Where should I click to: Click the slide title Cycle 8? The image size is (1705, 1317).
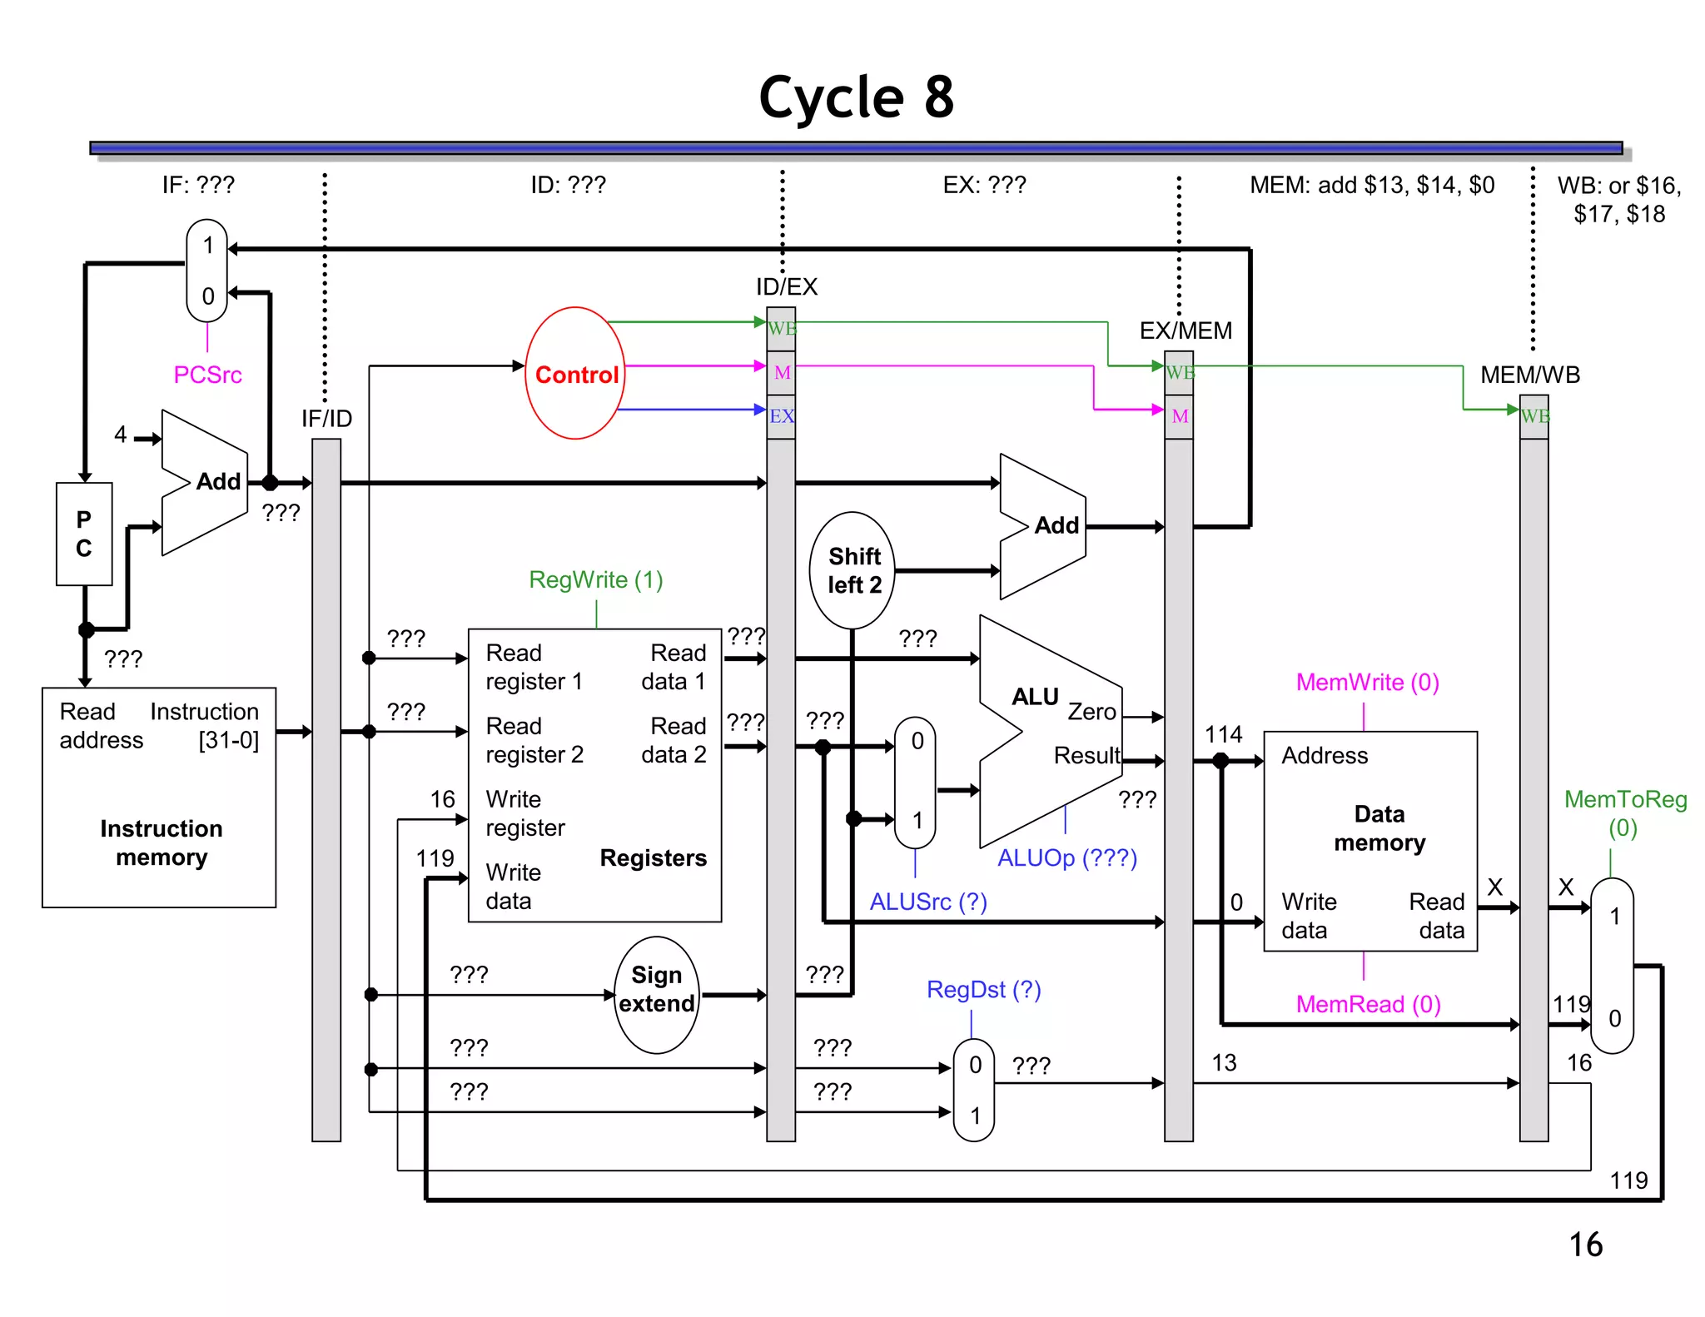(x=856, y=97)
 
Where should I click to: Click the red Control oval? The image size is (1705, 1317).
(x=575, y=374)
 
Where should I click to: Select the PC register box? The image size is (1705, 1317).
(x=84, y=534)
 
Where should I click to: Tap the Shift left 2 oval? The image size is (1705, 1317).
(x=852, y=570)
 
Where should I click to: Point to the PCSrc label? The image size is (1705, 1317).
(x=207, y=375)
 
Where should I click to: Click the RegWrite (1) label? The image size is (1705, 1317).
(x=595, y=579)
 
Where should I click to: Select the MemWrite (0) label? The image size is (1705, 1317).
(x=1367, y=682)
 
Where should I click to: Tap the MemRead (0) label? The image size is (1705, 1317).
(x=1367, y=1004)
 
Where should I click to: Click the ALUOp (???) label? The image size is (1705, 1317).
(x=1066, y=857)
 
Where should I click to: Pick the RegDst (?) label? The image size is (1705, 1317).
(x=983, y=989)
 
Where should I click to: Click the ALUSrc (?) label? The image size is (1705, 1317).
(x=927, y=902)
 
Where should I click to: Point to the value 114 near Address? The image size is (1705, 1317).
(x=1223, y=734)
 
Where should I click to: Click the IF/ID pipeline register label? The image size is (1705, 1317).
(x=326, y=418)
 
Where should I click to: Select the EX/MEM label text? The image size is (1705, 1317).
(x=1186, y=330)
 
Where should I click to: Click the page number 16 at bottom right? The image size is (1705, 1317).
(x=1585, y=1245)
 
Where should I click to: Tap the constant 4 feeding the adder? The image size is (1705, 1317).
(x=121, y=434)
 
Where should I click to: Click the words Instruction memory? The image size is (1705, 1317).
(x=161, y=842)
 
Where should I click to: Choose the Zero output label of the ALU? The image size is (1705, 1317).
(x=1091, y=712)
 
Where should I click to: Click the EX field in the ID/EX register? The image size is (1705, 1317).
(x=781, y=416)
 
